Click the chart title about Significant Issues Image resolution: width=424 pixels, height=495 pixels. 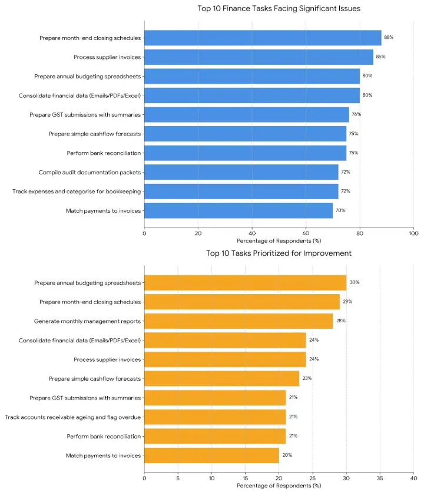coord(279,9)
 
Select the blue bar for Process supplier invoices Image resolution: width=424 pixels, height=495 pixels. coord(259,57)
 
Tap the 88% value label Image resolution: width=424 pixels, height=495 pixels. coord(389,38)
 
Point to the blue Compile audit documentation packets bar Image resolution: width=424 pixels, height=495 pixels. coord(241,172)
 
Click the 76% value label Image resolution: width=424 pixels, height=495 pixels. coord(356,114)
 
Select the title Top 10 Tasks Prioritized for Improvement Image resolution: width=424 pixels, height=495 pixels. coord(279,253)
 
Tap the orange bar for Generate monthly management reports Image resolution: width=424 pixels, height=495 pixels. coord(238,321)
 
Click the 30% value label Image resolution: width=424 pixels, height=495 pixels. coord(355,282)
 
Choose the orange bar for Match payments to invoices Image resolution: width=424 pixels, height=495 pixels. coord(211,456)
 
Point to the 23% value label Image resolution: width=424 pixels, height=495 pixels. coord(307,378)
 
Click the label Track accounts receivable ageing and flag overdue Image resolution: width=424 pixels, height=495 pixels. coord(73,417)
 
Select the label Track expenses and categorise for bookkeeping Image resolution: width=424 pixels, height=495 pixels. coord(77,192)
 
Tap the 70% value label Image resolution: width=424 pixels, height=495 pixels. coord(340,210)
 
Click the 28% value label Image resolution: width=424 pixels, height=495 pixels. coord(340,321)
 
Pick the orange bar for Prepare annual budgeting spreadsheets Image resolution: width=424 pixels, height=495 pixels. coord(245,283)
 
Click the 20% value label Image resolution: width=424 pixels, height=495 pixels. coord(287,456)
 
